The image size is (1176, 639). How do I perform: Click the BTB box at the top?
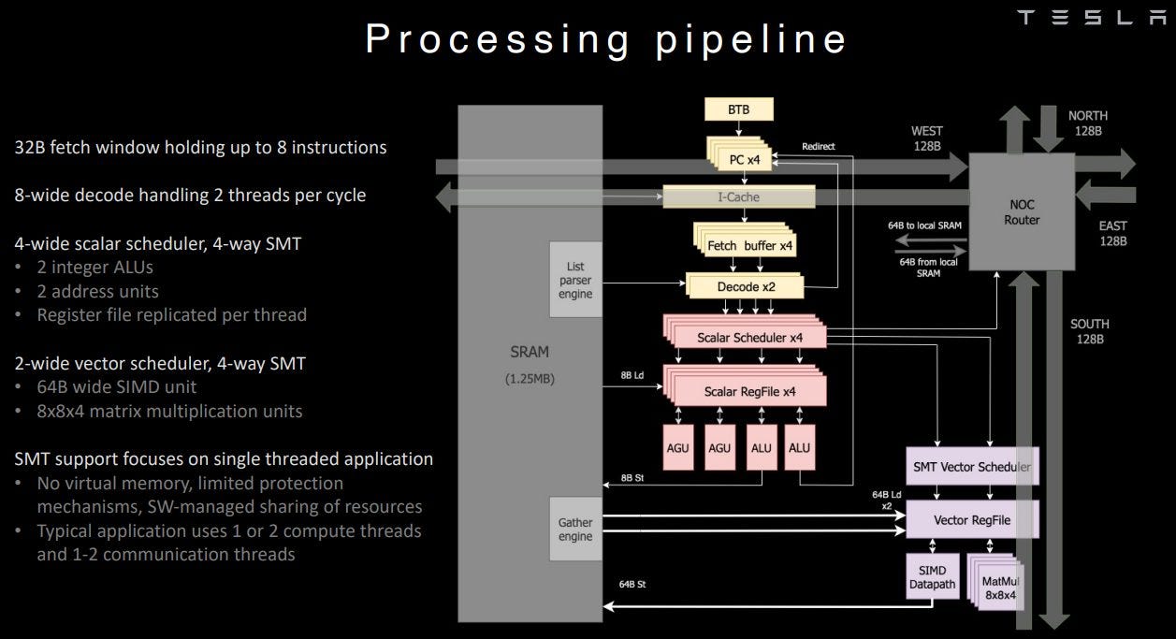pyautogui.click(x=738, y=110)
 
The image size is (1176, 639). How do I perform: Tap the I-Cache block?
pyautogui.click(x=738, y=197)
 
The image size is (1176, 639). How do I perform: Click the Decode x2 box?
pyautogui.click(x=746, y=287)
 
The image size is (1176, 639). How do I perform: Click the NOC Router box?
pyautogui.click(x=1021, y=212)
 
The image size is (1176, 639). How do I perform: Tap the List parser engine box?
pyautogui.click(x=575, y=279)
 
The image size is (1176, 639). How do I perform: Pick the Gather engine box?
pyautogui.click(x=575, y=530)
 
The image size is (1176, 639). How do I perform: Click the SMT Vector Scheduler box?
pyautogui.click(x=972, y=466)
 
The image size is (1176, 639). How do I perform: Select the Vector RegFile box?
pyautogui.click(x=972, y=520)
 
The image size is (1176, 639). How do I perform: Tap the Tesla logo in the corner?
pyautogui.click(x=1091, y=18)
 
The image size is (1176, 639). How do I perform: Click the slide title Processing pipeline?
pyautogui.click(x=606, y=39)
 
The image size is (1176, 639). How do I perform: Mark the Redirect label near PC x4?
pyautogui.click(x=819, y=147)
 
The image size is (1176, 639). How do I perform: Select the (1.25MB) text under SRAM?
pyautogui.click(x=530, y=380)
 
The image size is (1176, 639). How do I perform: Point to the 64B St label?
pyautogui.click(x=632, y=584)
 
